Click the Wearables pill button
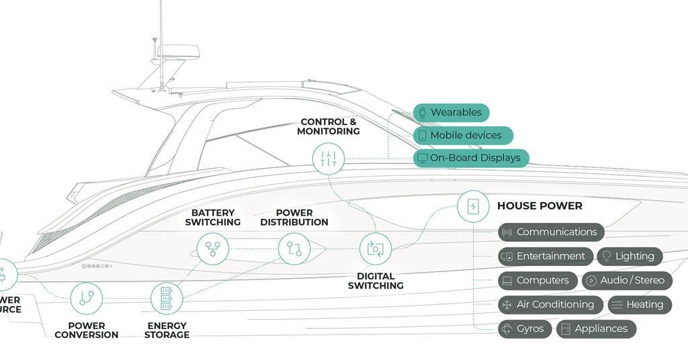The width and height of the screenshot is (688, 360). click(451, 112)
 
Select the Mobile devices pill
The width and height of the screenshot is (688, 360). click(463, 135)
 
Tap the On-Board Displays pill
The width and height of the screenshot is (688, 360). click(471, 158)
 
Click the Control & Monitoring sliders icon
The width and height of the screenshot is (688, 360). click(329, 159)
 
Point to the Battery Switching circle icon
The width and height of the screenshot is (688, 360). click(212, 249)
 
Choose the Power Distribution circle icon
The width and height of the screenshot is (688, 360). click(294, 249)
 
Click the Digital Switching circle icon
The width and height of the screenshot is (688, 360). click(376, 249)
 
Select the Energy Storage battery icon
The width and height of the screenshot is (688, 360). click(166, 298)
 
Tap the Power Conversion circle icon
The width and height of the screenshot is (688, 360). click(86, 298)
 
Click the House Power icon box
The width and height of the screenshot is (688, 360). click(473, 206)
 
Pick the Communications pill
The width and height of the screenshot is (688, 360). click(551, 232)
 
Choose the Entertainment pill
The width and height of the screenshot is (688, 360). click(546, 256)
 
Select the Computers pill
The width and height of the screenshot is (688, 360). click(537, 280)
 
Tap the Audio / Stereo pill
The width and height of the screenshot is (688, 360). click(627, 280)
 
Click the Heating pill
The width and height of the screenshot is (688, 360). click(640, 304)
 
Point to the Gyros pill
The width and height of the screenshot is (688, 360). click(525, 328)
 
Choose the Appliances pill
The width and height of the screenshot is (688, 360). click(596, 328)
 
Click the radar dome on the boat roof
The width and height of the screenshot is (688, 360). click(178, 51)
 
